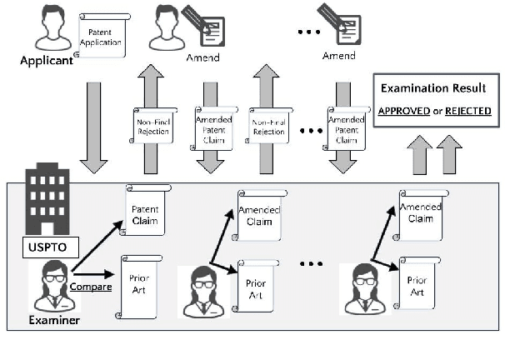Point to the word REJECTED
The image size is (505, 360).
coord(467,111)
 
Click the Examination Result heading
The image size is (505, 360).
coord(432,88)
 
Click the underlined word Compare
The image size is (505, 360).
coord(92,287)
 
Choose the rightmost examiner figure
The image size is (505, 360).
coord(363,288)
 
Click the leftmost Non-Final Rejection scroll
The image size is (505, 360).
coord(153,127)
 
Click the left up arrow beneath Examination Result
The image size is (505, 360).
coord(418,156)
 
